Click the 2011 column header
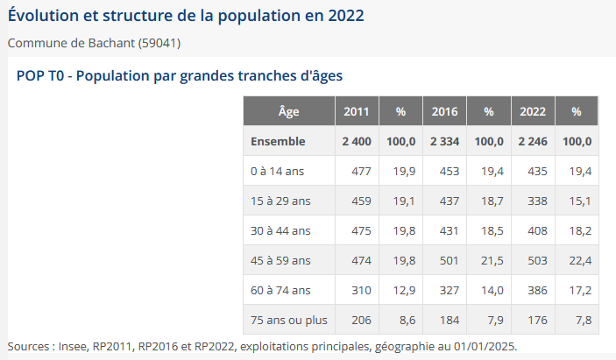click(x=356, y=112)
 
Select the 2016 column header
click(x=444, y=112)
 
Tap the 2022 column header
click(x=533, y=112)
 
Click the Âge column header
click(x=288, y=112)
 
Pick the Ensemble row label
click(x=278, y=141)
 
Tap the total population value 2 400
click(x=356, y=141)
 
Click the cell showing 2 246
click(x=533, y=141)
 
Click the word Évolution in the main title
click(x=43, y=17)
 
